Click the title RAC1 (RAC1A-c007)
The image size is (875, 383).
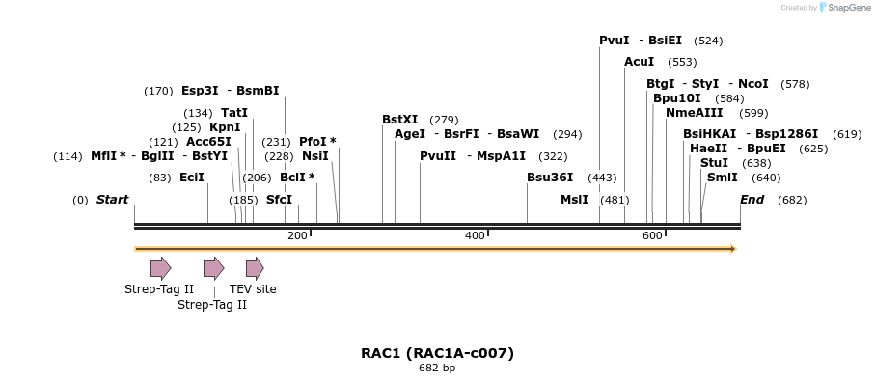pyautogui.click(x=437, y=353)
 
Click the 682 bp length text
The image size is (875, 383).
pyautogui.click(x=437, y=369)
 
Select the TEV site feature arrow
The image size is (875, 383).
pyautogui.click(x=255, y=268)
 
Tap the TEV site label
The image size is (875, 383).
pyautogui.click(x=253, y=288)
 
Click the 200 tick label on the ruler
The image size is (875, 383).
pyautogui.click(x=297, y=236)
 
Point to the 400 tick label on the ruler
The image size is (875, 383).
pyautogui.click(x=475, y=236)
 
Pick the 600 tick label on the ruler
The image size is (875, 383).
pyautogui.click(x=652, y=236)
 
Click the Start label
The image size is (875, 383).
pyautogui.click(x=112, y=200)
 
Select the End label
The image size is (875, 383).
pyautogui.click(x=752, y=200)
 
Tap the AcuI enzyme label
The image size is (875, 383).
pyautogui.click(x=640, y=62)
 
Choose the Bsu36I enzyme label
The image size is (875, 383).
pyautogui.click(x=550, y=178)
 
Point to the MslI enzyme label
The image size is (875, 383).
pyautogui.click(x=575, y=200)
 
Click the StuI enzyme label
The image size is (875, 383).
pyautogui.click(x=715, y=163)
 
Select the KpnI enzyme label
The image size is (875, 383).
pyautogui.click(x=225, y=127)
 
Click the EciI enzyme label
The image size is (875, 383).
pyautogui.click(x=192, y=178)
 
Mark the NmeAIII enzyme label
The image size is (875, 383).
pyautogui.click(x=695, y=113)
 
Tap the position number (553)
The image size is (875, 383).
pyautogui.click(x=682, y=62)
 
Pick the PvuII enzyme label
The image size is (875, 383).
pyautogui.click(x=438, y=156)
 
